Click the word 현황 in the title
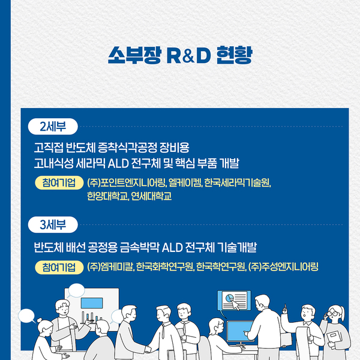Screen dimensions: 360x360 [x=235, y=55]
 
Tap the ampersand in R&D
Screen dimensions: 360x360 [x=188, y=56]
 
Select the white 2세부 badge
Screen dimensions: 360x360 [x=53, y=127]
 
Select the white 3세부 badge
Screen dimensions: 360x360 [x=53, y=225]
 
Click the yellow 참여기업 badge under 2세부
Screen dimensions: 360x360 [x=59, y=183]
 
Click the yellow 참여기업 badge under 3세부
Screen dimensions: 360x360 [x=59, y=267]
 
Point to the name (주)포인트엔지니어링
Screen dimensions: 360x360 [x=126, y=183]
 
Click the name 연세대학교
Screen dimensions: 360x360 [x=152, y=196]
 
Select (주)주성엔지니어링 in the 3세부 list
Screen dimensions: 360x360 [x=283, y=267]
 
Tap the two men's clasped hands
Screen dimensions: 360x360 [x=148, y=349]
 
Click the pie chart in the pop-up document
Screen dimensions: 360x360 [x=229, y=298]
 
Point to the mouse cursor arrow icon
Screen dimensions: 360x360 [x=235, y=304]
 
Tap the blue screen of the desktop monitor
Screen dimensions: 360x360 [x=239, y=331]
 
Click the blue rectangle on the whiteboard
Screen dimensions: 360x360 [x=92, y=303]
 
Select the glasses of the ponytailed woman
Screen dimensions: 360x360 [x=334, y=313]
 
